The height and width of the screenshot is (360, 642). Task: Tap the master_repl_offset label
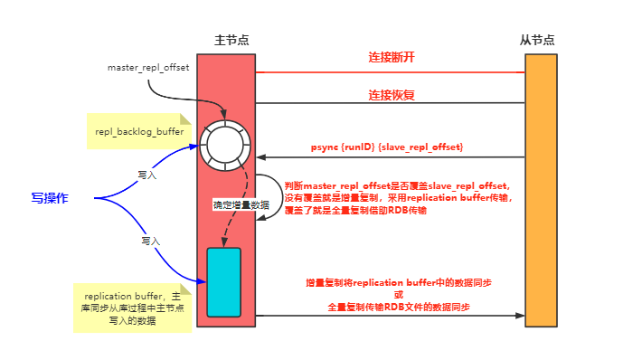148,68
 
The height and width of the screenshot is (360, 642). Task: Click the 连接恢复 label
392,94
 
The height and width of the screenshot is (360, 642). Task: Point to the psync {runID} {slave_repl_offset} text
388,146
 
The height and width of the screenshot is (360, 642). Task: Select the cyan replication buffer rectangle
223,281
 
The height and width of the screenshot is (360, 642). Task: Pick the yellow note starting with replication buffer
130,308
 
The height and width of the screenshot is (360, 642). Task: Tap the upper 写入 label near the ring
147,175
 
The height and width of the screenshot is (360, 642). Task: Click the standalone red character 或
399,295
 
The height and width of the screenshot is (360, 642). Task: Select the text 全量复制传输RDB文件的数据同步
399,308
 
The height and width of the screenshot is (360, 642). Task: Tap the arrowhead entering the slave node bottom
520,317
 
